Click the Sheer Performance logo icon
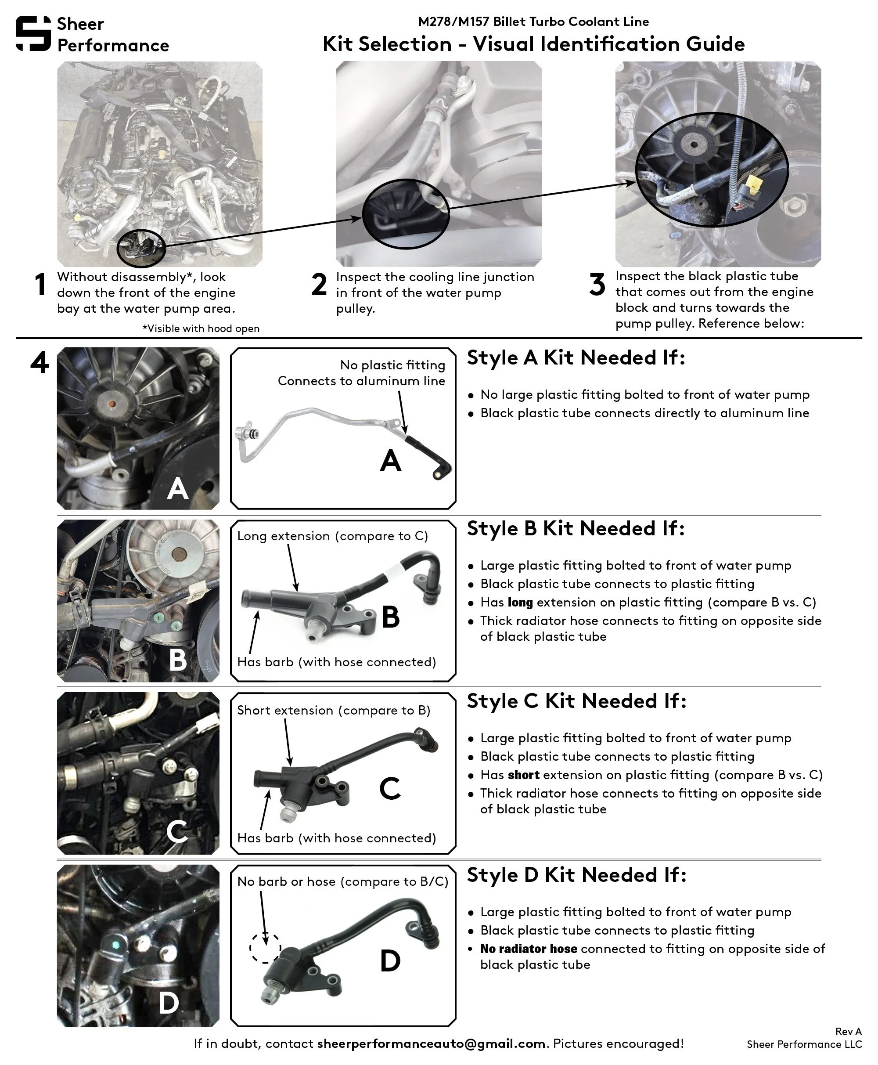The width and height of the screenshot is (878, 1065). click(x=33, y=33)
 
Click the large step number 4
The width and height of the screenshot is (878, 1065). click(x=40, y=363)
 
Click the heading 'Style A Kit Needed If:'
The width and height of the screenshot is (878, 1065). click(x=576, y=357)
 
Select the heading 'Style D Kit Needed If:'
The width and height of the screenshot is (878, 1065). click(x=576, y=875)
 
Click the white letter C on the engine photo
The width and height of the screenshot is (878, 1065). click(x=177, y=831)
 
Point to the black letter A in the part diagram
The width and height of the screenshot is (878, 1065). click(x=390, y=460)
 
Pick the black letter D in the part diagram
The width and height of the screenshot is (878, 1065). click(x=390, y=961)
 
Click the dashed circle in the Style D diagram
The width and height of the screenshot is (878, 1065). click(x=265, y=947)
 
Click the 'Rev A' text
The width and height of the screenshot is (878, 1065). click(x=848, y=1032)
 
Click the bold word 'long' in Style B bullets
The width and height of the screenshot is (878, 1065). click(x=520, y=602)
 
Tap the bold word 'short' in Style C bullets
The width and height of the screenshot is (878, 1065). click(x=523, y=775)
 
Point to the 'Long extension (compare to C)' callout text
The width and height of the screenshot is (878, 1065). click(x=332, y=536)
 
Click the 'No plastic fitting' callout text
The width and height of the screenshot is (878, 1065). click(x=392, y=365)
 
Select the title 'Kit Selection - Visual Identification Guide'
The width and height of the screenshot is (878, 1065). click(x=533, y=44)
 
